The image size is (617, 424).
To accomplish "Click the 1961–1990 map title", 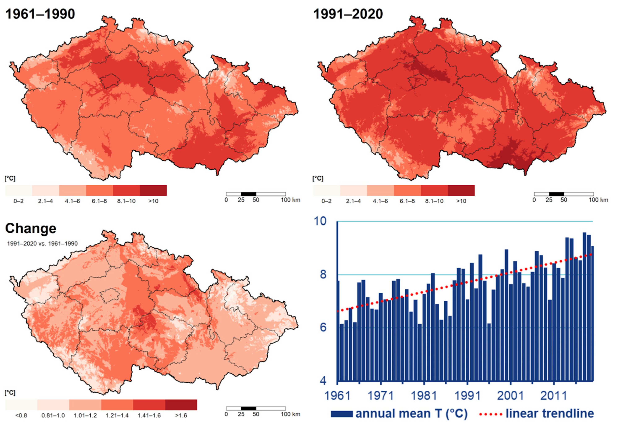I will [x=40, y=14].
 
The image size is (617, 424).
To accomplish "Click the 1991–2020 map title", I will [x=348, y=14].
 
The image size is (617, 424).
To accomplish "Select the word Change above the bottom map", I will [x=31, y=228].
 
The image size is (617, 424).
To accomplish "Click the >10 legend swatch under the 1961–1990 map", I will [x=153, y=190].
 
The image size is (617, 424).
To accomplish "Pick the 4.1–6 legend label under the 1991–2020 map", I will [x=380, y=201].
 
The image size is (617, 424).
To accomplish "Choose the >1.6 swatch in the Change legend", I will [x=181, y=405].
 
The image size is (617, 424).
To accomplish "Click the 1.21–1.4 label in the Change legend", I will [x=117, y=415].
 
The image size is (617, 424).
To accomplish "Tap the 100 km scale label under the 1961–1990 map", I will [x=290, y=200].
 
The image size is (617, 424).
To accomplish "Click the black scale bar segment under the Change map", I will [x=249, y=408].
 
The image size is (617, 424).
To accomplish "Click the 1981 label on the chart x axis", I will [x=424, y=396].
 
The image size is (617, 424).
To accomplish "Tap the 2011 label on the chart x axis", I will [x=554, y=396].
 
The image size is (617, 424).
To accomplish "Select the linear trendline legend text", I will [x=549, y=414].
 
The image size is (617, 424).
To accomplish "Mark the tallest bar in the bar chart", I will [x=584, y=306].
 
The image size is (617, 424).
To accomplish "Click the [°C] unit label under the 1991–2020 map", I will [x=318, y=178].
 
